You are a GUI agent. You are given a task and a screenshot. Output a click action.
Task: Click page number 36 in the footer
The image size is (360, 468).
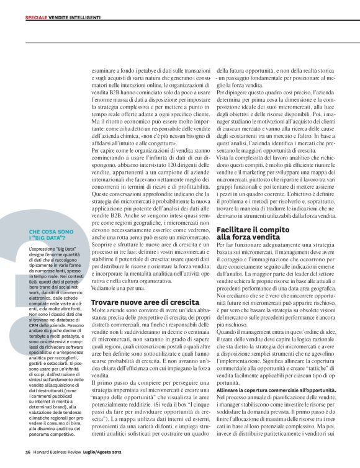pos(28,451)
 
